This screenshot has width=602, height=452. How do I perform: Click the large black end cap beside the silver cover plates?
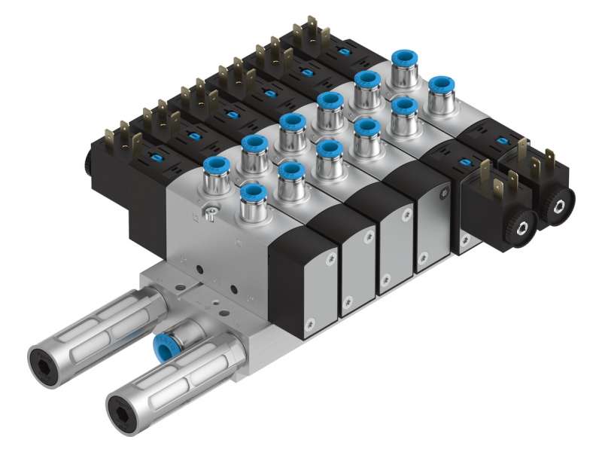coord(301,282)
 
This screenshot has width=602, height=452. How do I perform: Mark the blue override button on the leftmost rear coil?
coord(157,157)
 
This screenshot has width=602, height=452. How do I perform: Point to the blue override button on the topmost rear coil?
coord(342,51)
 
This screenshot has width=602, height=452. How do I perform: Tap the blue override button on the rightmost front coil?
coord(501,142)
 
